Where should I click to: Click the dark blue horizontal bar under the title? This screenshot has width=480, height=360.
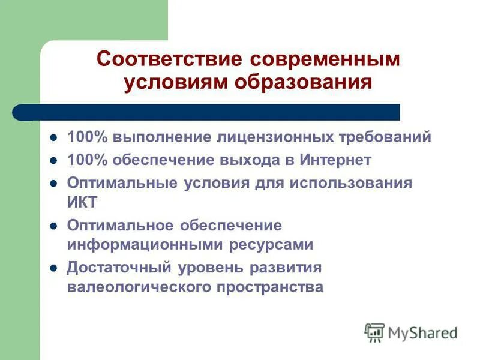pos(210,112)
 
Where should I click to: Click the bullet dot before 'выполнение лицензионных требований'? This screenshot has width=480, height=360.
pos(53,138)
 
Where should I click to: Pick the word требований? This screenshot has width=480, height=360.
pos(385,137)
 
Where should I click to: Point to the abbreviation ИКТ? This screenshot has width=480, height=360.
pos(82,202)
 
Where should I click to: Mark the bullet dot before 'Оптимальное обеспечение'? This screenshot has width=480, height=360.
pos(53,227)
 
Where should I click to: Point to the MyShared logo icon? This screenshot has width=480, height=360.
pos(374,332)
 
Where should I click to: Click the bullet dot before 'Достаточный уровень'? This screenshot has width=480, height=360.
pos(53,268)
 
